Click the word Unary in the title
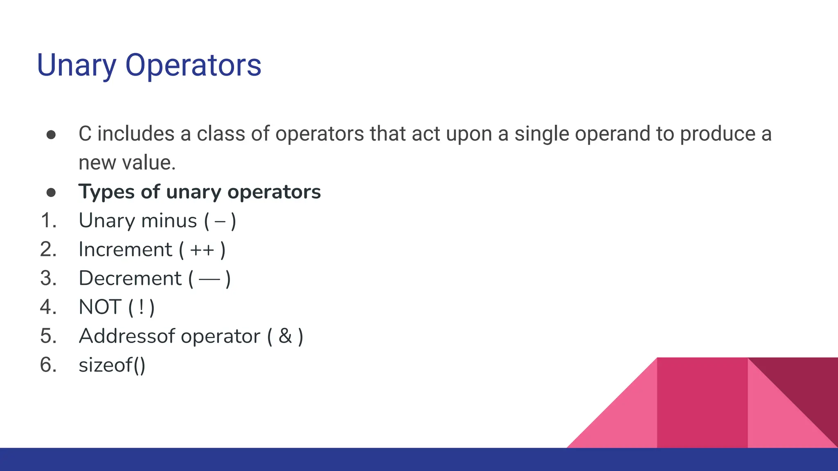[x=77, y=65]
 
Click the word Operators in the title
[x=193, y=65]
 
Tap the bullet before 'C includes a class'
[x=51, y=135]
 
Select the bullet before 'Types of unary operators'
[x=51, y=192]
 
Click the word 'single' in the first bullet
[x=541, y=134]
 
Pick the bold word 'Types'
[x=106, y=192]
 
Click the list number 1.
[x=48, y=221]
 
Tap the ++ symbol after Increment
[x=202, y=250]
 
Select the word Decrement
[x=130, y=278]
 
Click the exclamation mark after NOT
[x=141, y=307]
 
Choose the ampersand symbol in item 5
[x=285, y=336]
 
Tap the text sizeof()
[x=112, y=365]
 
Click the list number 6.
[x=48, y=365]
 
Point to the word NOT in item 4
[x=100, y=307]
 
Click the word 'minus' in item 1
[x=169, y=221]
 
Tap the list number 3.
[x=48, y=278]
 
